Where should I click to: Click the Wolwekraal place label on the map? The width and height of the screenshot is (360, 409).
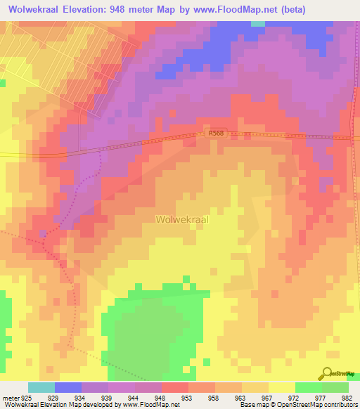point(182,219)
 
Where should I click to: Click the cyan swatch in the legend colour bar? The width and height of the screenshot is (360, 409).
point(41,387)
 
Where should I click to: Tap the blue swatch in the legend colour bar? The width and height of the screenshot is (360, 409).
point(68,387)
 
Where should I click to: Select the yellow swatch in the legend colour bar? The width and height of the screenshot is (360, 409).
point(281,387)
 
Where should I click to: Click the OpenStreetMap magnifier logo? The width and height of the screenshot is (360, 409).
point(327,373)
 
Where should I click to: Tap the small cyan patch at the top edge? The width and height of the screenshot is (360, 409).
point(258,23)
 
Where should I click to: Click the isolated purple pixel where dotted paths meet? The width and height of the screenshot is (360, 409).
point(43,233)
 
